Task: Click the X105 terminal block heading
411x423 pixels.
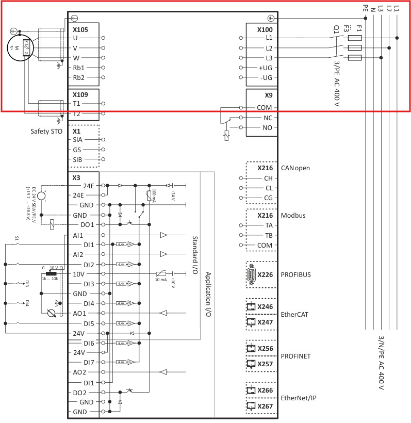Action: click(80, 29)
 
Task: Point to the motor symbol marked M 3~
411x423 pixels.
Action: click(22, 48)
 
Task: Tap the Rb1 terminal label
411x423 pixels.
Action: click(78, 68)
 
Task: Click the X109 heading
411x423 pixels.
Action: click(80, 95)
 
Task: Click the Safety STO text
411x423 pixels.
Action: click(46, 132)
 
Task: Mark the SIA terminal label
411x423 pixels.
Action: click(77, 140)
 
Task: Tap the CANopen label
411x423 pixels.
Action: click(295, 168)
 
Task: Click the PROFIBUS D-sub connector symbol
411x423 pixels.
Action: click(251, 274)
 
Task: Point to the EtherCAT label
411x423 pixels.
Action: click(295, 314)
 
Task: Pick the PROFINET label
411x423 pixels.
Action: click(296, 356)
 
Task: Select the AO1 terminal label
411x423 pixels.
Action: click(79, 313)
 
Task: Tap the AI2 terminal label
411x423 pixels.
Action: click(78, 254)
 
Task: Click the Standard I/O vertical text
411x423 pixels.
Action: click(195, 255)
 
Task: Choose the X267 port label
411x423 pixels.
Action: click(265, 406)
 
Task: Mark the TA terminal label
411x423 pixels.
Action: click(268, 225)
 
